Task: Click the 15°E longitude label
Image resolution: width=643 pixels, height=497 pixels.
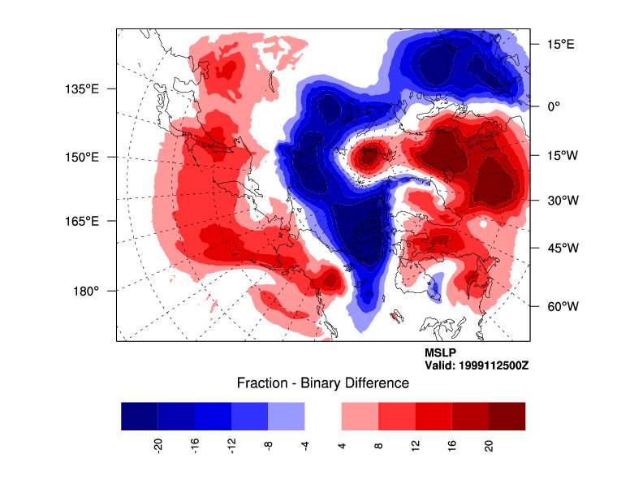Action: (559, 45)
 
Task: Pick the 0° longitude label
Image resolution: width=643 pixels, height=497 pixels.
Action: (554, 106)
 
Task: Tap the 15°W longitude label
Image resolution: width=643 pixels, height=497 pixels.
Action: (561, 156)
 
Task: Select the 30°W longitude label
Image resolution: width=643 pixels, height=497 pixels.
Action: (561, 200)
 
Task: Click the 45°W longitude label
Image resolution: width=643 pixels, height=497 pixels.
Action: (561, 248)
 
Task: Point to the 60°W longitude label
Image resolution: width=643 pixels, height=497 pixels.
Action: (561, 306)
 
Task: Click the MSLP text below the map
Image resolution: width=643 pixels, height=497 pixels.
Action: (441, 353)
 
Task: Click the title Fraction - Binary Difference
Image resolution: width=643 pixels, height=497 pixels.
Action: (322, 382)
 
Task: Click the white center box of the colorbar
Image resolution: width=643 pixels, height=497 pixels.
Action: (323, 416)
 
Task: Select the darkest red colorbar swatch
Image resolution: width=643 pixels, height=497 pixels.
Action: (507, 416)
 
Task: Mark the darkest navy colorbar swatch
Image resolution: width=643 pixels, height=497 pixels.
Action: (140, 416)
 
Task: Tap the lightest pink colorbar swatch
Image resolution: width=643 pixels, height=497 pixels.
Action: (360, 416)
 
